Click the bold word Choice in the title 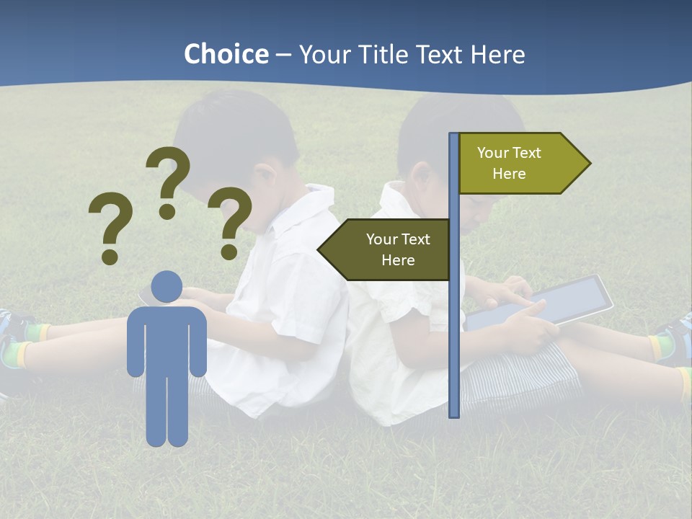pos(226,55)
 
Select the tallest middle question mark pos(168,180)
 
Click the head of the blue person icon pos(167,286)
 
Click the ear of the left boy pos(265,175)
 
